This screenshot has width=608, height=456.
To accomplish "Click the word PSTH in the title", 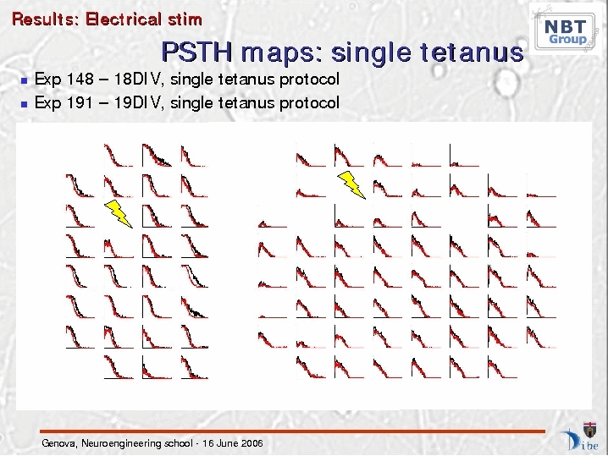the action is click(x=197, y=52).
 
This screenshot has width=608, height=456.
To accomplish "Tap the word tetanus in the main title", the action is click(x=472, y=52).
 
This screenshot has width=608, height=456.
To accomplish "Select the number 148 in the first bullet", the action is click(x=80, y=79).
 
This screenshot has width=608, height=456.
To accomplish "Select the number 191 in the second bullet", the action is click(x=80, y=102).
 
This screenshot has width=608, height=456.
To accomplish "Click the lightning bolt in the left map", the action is click(x=119, y=213).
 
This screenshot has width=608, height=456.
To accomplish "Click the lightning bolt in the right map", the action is click(x=351, y=185).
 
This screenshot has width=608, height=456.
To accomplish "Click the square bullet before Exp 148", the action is click(x=25, y=80).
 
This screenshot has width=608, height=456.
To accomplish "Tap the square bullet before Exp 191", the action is click(x=25, y=104).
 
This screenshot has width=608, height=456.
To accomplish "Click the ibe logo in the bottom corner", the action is click(x=580, y=437).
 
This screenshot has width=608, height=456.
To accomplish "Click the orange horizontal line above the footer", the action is click(x=293, y=431).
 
